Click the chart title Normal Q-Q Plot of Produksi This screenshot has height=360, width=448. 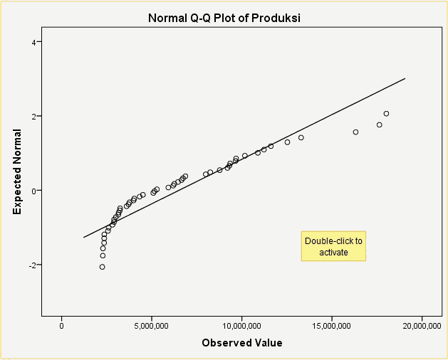click(224, 18)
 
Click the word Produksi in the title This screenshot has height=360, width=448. click(274, 18)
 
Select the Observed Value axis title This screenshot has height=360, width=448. click(241, 343)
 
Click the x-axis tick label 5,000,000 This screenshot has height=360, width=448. click(152, 326)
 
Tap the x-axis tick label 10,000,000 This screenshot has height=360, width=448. click(242, 326)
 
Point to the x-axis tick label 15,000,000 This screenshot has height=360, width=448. click(332, 326)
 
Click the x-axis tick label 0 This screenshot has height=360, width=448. click(62, 326)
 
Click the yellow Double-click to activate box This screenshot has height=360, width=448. click(333, 246)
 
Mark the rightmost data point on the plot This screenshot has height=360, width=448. click(386, 114)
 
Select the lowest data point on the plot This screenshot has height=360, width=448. click(102, 267)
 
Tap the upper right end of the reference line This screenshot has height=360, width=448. click(405, 79)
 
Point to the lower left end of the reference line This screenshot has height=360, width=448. click(83, 238)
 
